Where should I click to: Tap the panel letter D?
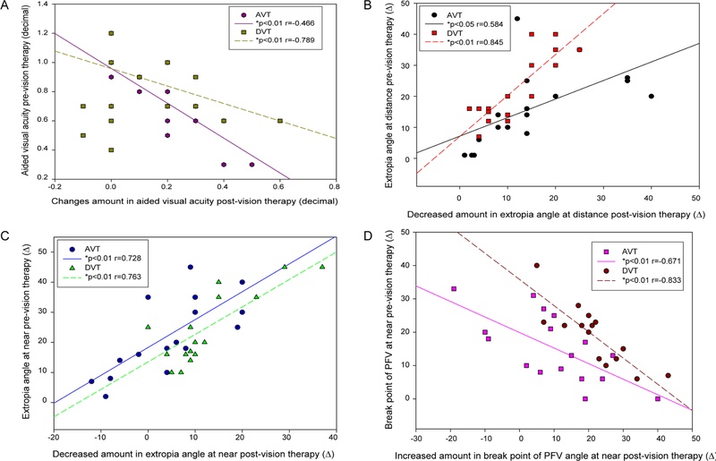click(x=369, y=235)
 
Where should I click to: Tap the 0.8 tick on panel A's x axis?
click(x=334, y=190)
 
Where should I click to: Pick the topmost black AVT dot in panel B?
click(x=516, y=19)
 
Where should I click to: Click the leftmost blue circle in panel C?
click(x=91, y=381)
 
